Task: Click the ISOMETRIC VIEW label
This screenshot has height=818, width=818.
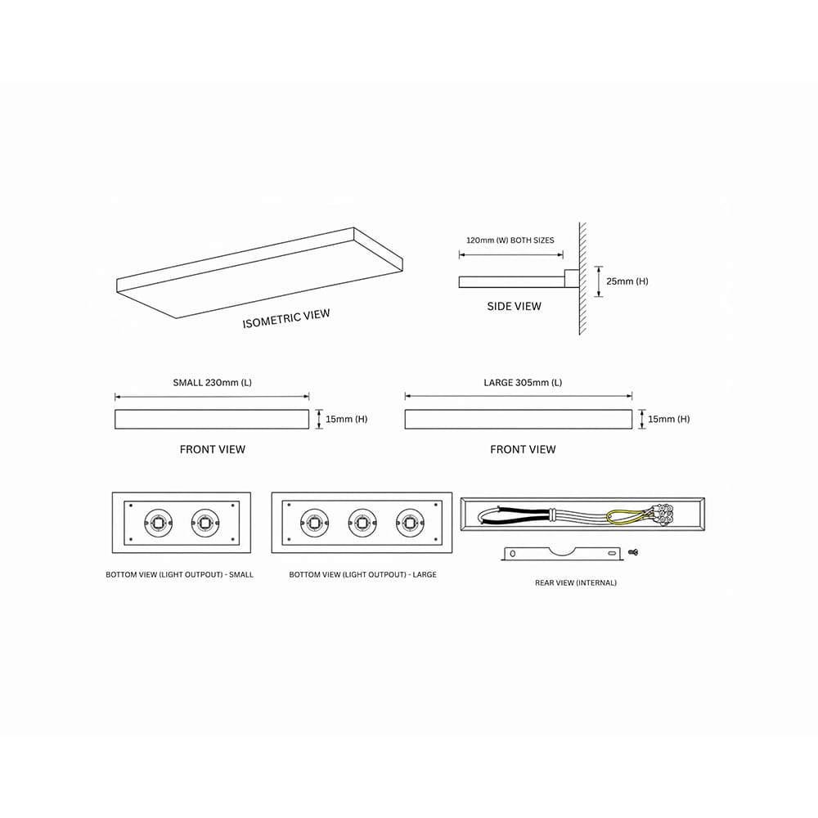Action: pyautogui.click(x=285, y=318)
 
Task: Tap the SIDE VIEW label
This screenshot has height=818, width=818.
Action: pyautogui.click(x=514, y=306)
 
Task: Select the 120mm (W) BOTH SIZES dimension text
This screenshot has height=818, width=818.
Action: pyautogui.click(x=510, y=240)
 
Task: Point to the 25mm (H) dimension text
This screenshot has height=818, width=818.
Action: pyautogui.click(x=627, y=281)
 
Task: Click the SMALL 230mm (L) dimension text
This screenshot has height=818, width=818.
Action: pyautogui.click(x=213, y=382)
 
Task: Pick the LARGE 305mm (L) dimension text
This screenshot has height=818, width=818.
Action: pyautogui.click(x=523, y=382)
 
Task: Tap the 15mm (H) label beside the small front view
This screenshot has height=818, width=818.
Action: pyautogui.click(x=346, y=419)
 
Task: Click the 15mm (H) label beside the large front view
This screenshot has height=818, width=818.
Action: pyautogui.click(x=669, y=419)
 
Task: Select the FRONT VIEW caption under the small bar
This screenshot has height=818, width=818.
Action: pyautogui.click(x=213, y=449)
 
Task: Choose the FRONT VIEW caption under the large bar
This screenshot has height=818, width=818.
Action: pyautogui.click(x=523, y=449)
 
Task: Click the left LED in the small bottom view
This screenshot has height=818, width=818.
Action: pyautogui.click(x=158, y=522)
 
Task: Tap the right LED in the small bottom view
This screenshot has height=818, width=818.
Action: pyautogui.click(x=205, y=522)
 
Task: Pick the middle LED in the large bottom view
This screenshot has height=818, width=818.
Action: pyautogui.click(x=362, y=522)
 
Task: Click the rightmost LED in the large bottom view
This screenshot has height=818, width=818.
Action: pyautogui.click(x=410, y=522)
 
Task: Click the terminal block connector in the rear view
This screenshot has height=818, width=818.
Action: pyautogui.click(x=663, y=515)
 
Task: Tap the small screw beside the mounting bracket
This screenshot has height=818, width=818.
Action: pyautogui.click(x=634, y=552)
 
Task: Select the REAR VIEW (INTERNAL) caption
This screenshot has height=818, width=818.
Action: pyautogui.click(x=575, y=582)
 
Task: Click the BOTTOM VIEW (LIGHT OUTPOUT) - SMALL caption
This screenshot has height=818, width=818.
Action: pyautogui.click(x=179, y=574)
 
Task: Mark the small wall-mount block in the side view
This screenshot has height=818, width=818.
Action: pyautogui.click(x=572, y=279)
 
